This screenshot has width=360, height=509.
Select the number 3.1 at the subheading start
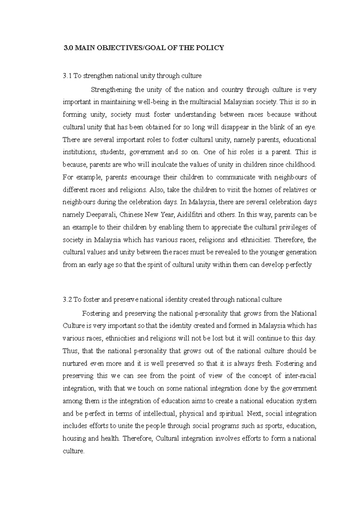67,76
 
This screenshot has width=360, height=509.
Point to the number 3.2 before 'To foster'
67,299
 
